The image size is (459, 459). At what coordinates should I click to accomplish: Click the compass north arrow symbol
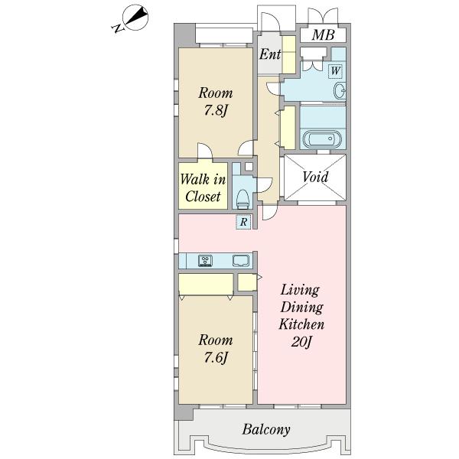(135, 18)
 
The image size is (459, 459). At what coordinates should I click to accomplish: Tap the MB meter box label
(323, 35)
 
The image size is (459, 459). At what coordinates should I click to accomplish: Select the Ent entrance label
(270, 54)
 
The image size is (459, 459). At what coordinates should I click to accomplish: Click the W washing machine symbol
(336, 71)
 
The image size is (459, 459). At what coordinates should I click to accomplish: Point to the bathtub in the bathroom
(322, 138)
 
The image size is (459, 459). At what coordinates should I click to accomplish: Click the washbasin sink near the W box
(340, 91)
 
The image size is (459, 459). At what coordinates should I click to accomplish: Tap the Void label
(315, 177)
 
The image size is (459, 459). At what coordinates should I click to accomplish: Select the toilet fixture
(243, 199)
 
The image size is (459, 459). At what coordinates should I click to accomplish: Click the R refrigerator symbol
(243, 222)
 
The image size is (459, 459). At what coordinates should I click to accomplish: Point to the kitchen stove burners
(206, 261)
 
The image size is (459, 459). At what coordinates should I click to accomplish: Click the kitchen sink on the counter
(241, 261)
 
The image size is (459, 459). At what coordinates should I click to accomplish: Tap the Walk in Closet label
(203, 187)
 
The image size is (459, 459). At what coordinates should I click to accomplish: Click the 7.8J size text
(216, 111)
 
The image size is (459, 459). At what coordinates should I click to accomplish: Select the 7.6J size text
(216, 358)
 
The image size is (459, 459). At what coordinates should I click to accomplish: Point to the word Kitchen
(301, 324)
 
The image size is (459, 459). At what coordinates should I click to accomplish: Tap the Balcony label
(266, 429)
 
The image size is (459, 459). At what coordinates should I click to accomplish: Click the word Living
(300, 291)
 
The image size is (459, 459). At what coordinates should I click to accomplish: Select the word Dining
(302, 308)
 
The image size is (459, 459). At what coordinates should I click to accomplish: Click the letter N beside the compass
(119, 28)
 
